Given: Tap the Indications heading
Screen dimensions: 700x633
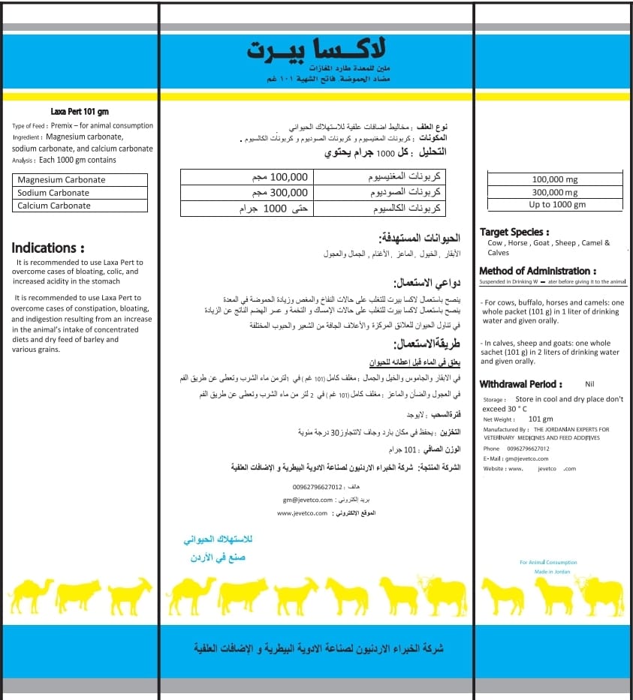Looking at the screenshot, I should [48, 248].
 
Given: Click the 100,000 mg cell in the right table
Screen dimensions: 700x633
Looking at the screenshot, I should [555, 180].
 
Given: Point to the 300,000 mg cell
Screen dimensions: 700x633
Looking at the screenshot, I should [555, 193].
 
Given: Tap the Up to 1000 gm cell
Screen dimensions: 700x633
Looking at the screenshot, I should [555, 205].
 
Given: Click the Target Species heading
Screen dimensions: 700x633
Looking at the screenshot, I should [514, 233].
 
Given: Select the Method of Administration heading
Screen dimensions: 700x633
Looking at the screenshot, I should [538, 271].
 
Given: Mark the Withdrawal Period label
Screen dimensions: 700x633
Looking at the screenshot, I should [520, 384].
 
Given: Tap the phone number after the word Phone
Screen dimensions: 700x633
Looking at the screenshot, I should [528, 449].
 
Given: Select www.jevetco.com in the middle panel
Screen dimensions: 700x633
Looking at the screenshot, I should [303, 513].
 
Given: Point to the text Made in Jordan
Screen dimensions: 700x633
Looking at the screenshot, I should [552, 572].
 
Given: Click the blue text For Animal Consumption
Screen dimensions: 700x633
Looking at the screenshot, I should [548, 562].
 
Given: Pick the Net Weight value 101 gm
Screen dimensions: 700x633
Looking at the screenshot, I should [541, 419].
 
